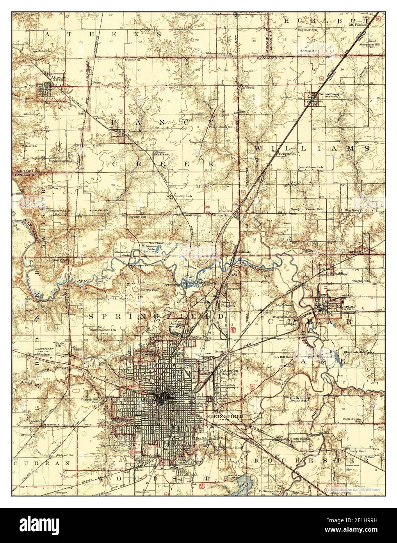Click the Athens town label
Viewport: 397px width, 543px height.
60,78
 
